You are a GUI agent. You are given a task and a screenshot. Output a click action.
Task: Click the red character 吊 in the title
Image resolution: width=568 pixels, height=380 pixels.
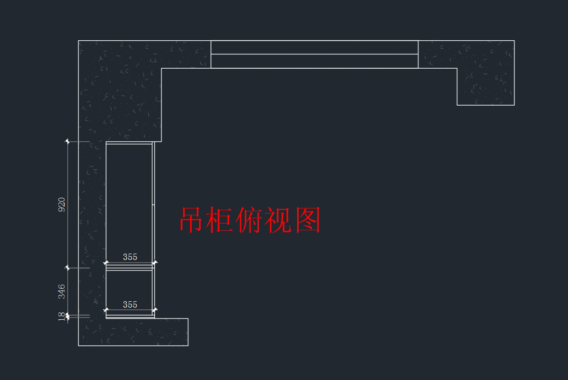[193, 220]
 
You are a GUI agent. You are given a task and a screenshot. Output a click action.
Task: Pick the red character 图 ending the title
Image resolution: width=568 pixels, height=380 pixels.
[308, 220]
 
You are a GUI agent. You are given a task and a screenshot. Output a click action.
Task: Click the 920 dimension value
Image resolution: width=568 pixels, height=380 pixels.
[62, 205]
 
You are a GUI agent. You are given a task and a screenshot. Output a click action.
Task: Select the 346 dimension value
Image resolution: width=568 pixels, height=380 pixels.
[62, 291]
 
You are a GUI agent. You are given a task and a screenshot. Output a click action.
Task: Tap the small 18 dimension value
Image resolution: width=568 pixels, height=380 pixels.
[62, 316]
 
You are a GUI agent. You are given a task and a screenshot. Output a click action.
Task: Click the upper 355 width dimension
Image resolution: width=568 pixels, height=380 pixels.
[130, 257]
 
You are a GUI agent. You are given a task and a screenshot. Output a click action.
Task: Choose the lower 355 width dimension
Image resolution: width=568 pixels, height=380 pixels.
[130, 305]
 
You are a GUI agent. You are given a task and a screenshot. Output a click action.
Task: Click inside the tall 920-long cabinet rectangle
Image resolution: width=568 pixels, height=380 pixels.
[129, 199]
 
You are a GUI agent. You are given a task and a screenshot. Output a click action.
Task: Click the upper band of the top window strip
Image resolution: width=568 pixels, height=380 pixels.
[314, 47]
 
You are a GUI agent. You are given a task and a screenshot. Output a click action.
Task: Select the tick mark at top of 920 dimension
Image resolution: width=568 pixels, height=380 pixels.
[67, 141]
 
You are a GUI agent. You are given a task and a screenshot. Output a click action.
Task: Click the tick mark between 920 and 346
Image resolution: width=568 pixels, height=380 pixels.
[67, 268]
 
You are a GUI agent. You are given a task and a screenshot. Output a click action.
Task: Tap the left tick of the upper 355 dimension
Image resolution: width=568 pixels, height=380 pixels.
[106, 262]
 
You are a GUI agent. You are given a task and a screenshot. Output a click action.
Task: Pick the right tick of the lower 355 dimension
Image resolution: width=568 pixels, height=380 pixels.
[155, 310]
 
